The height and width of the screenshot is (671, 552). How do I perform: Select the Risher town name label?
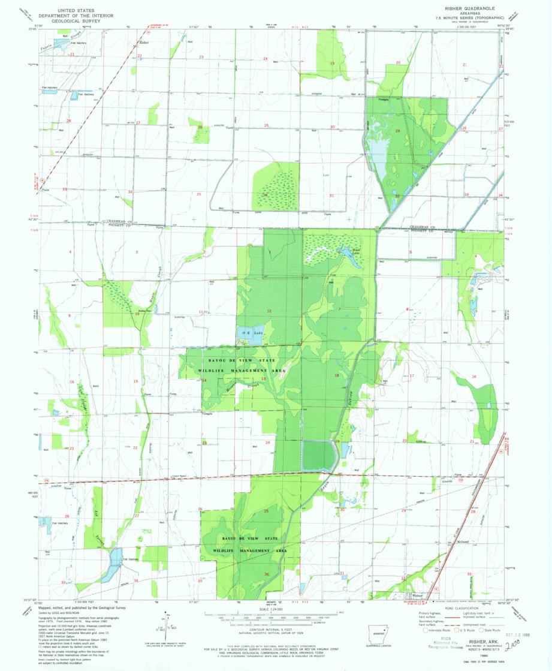pos(143,43)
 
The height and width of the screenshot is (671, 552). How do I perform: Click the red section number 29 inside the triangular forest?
pos(397,130)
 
